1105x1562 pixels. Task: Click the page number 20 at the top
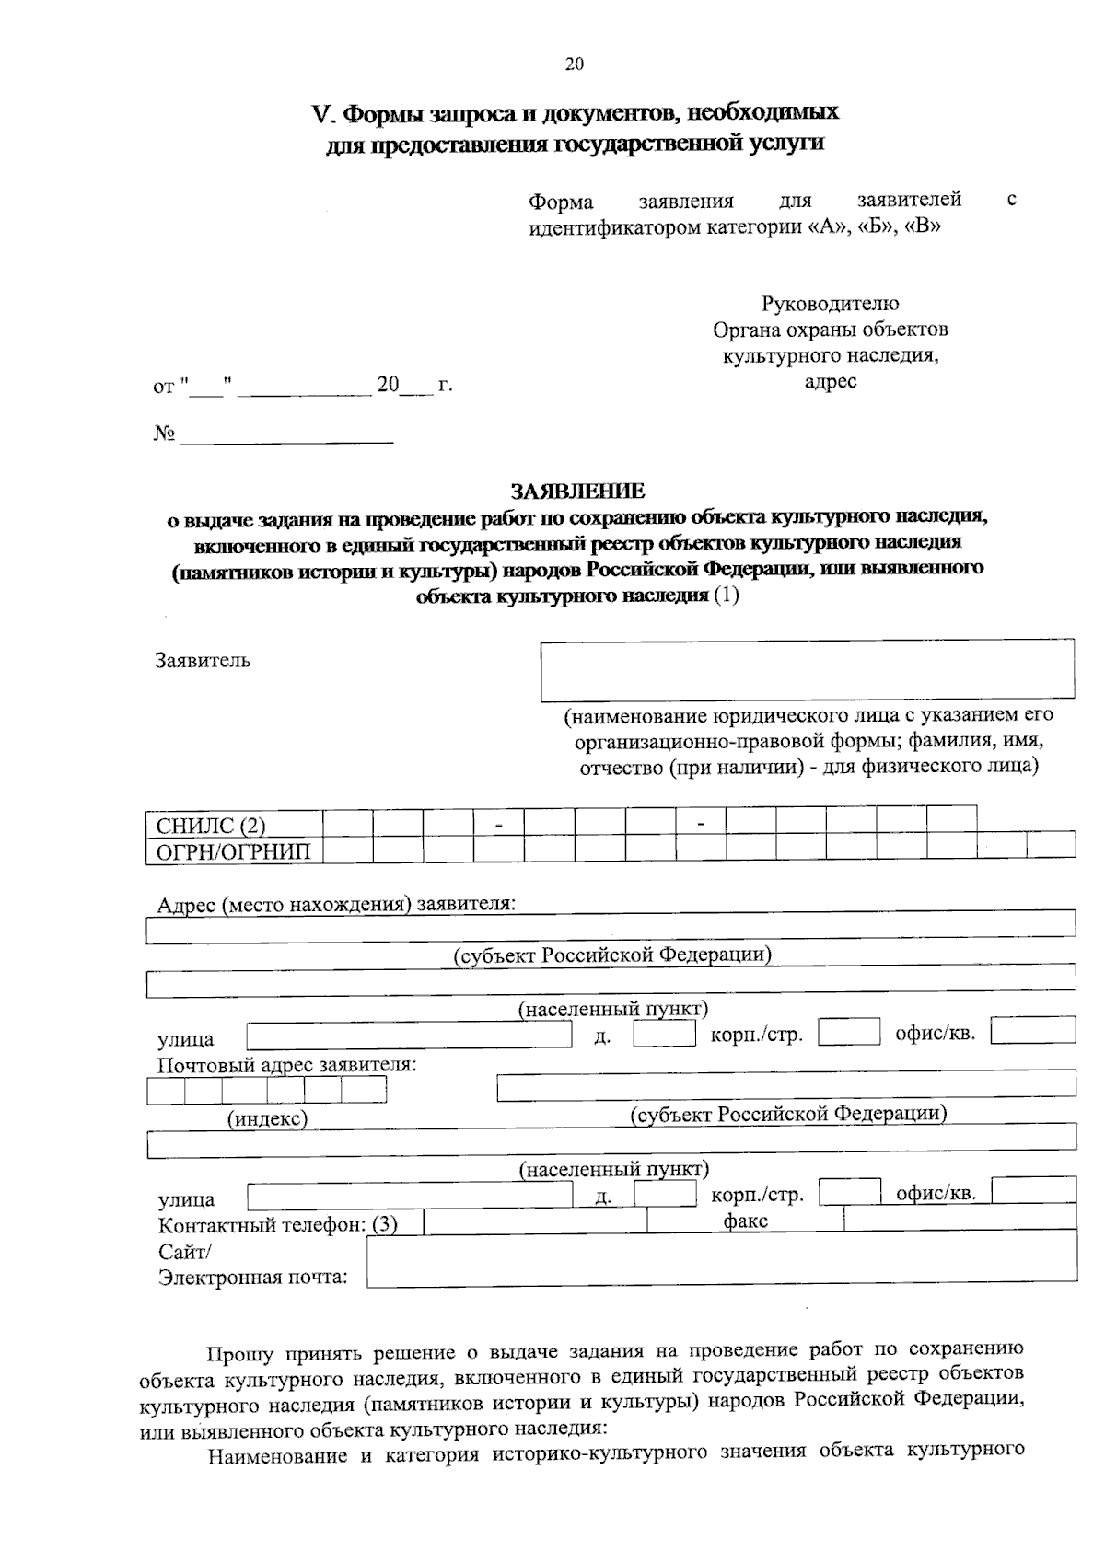click(x=574, y=64)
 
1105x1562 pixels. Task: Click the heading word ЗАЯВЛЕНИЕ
click(x=578, y=491)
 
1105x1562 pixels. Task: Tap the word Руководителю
click(x=830, y=303)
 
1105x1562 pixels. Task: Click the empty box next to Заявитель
click(x=807, y=670)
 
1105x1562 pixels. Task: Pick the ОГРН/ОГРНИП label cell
click(x=234, y=850)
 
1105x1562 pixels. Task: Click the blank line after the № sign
click(x=287, y=434)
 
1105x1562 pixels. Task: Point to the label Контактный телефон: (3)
click(x=277, y=1225)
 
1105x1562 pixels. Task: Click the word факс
click(x=746, y=1221)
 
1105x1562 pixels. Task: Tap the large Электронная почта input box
click(x=721, y=1260)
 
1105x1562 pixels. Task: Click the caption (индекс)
click(x=267, y=1118)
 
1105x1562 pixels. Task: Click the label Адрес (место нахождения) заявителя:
click(x=336, y=904)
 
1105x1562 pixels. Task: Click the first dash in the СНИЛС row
click(x=498, y=824)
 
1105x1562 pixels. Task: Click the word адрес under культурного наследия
click(x=830, y=381)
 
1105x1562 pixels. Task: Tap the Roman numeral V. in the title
click(x=321, y=114)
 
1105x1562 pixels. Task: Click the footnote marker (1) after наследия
click(x=727, y=596)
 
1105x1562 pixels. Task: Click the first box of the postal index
click(x=166, y=1090)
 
